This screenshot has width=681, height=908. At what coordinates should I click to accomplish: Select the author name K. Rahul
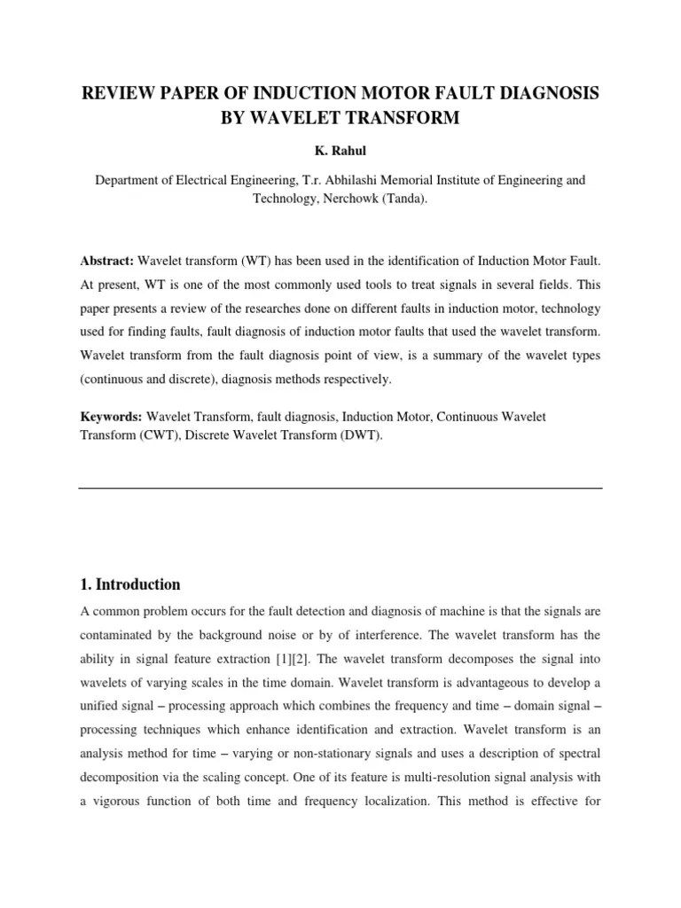[340, 151]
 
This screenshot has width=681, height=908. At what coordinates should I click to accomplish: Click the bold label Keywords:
[111, 415]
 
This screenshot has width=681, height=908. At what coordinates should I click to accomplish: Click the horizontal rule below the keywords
[340, 488]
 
